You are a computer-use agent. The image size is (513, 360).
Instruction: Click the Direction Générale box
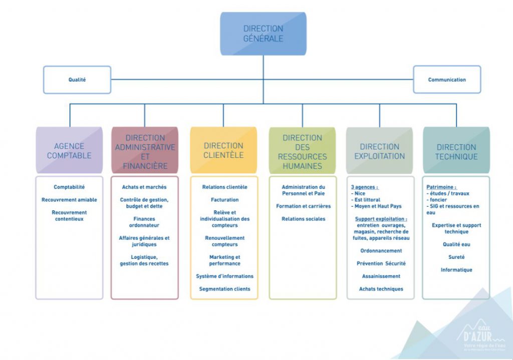pos(263,34)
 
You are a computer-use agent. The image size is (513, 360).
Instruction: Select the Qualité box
pos(77,80)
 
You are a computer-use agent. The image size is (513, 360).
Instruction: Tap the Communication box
pos(447,80)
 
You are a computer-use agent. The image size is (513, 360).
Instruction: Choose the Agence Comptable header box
pos(69,151)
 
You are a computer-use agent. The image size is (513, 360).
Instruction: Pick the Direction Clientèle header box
pos(223,150)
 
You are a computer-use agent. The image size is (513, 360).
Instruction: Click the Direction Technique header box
pos(456,151)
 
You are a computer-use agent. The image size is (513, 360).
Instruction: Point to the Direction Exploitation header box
pos(379,151)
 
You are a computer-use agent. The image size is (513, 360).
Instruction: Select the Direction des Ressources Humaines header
pos(302,151)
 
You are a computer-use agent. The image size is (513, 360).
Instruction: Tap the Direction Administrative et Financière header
pos(145,151)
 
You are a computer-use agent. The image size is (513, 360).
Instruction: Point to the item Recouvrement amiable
pos(69,200)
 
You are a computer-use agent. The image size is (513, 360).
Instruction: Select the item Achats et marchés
pos(144,187)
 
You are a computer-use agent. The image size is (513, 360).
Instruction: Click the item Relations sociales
pos(303,219)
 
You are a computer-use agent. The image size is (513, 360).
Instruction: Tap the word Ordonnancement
pos(381,251)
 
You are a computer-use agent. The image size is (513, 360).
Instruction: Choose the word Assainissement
pos(381,276)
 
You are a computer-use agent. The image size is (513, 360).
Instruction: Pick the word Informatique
pos(456,270)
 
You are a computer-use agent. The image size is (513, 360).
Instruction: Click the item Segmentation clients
pos(224,289)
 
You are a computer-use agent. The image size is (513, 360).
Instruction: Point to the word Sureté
pos(456,257)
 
